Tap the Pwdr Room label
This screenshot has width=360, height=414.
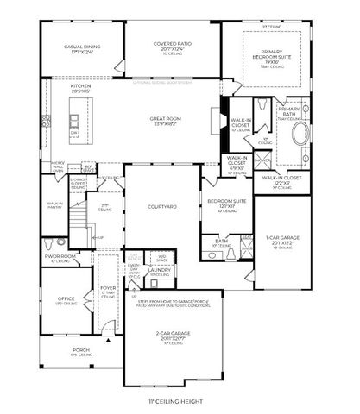click(x=61, y=256)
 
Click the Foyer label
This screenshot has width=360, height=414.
click(x=107, y=289)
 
